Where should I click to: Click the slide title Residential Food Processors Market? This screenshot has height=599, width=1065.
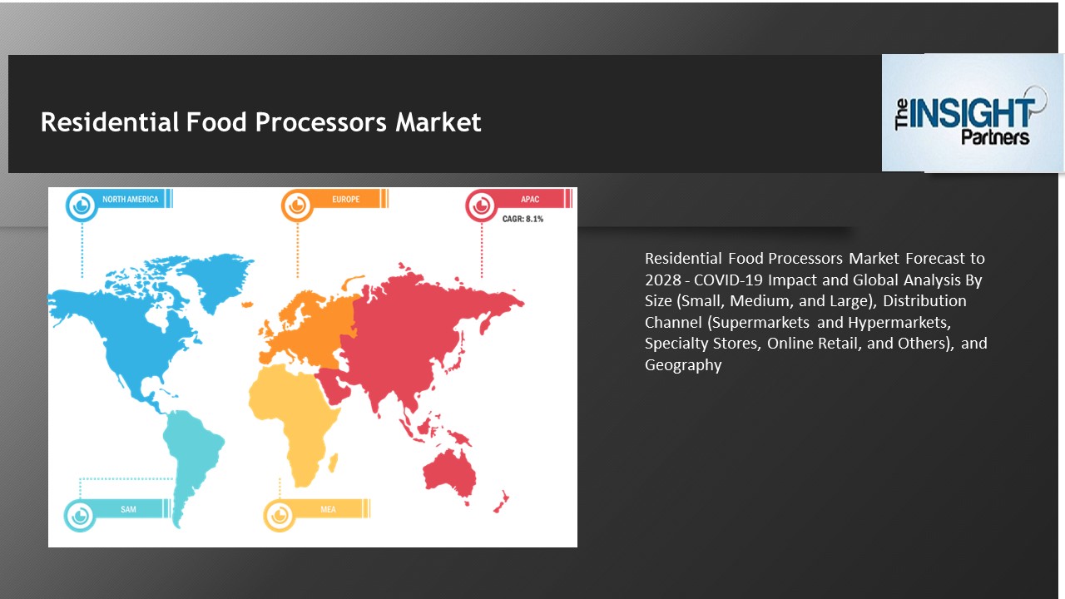click(261, 122)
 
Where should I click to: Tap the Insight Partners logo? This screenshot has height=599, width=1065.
click(972, 114)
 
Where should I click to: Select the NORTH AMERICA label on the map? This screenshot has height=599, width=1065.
click(131, 200)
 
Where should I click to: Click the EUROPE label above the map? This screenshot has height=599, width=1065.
click(345, 200)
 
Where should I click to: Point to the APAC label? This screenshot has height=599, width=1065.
click(530, 200)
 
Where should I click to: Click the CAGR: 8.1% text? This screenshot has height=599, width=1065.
click(523, 219)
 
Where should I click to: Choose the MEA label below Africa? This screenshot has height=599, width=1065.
click(328, 509)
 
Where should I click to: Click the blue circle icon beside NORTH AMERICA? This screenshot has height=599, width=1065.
click(82, 205)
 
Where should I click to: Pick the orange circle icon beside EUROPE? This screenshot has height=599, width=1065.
click(297, 205)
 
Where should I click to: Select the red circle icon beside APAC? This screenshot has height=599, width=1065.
click(481, 205)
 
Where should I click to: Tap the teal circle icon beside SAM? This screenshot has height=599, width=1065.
click(81, 514)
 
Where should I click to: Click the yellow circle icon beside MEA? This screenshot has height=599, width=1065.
click(280, 514)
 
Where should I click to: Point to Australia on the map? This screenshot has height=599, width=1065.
click(449, 469)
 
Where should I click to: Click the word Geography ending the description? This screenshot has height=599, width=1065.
click(683, 364)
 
